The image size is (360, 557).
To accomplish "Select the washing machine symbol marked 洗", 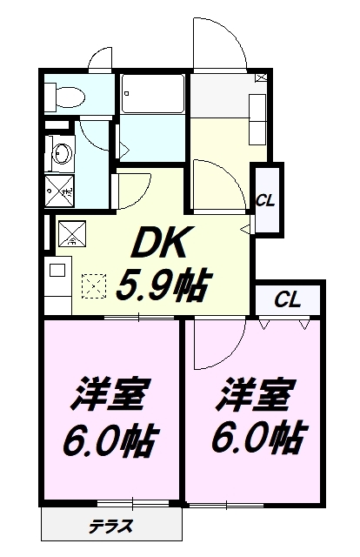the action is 60,191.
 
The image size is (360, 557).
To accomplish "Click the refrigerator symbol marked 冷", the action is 72,233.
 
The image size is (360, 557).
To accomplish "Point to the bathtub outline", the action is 153,94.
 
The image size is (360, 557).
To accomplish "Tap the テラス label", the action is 110,526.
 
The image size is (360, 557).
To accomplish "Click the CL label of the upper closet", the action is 265,202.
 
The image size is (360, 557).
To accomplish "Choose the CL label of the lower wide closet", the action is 288,299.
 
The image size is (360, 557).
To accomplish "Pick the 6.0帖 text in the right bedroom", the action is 258,437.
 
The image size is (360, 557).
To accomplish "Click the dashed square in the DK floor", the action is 94,285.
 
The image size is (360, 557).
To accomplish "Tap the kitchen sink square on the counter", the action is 57,271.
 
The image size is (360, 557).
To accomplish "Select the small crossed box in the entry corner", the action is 262,77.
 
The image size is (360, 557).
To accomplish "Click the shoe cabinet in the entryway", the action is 257,119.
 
